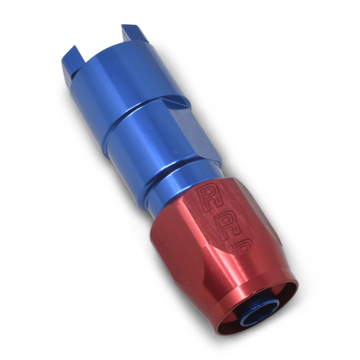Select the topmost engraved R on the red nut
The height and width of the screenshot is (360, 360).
[209, 196]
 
